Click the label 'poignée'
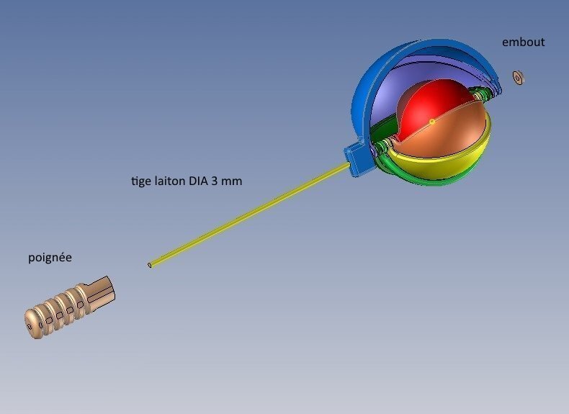pyautogui.click(x=50, y=258)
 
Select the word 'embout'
pyautogui.click(x=523, y=42)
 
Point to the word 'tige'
pyautogui.click(x=141, y=181)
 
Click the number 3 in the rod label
pyautogui.click(x=214, y=181)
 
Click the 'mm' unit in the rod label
pyautogui.click(x=231, y=181)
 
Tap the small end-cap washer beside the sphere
pyautogui.click(x=518, y=78)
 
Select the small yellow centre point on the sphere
pyautogui.click(x=432, y=122)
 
